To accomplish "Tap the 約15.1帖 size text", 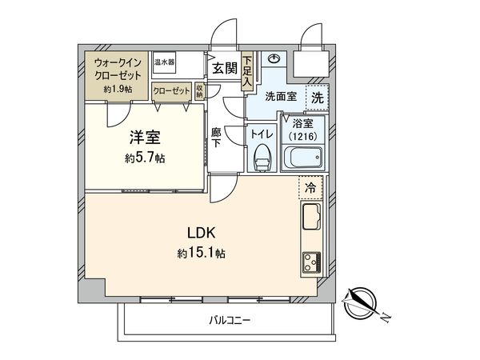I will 202,254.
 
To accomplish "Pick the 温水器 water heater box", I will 166,62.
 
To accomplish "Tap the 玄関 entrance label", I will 223,69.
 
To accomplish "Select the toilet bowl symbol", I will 261,159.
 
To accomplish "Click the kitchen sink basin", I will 310,217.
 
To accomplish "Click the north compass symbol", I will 363,305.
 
